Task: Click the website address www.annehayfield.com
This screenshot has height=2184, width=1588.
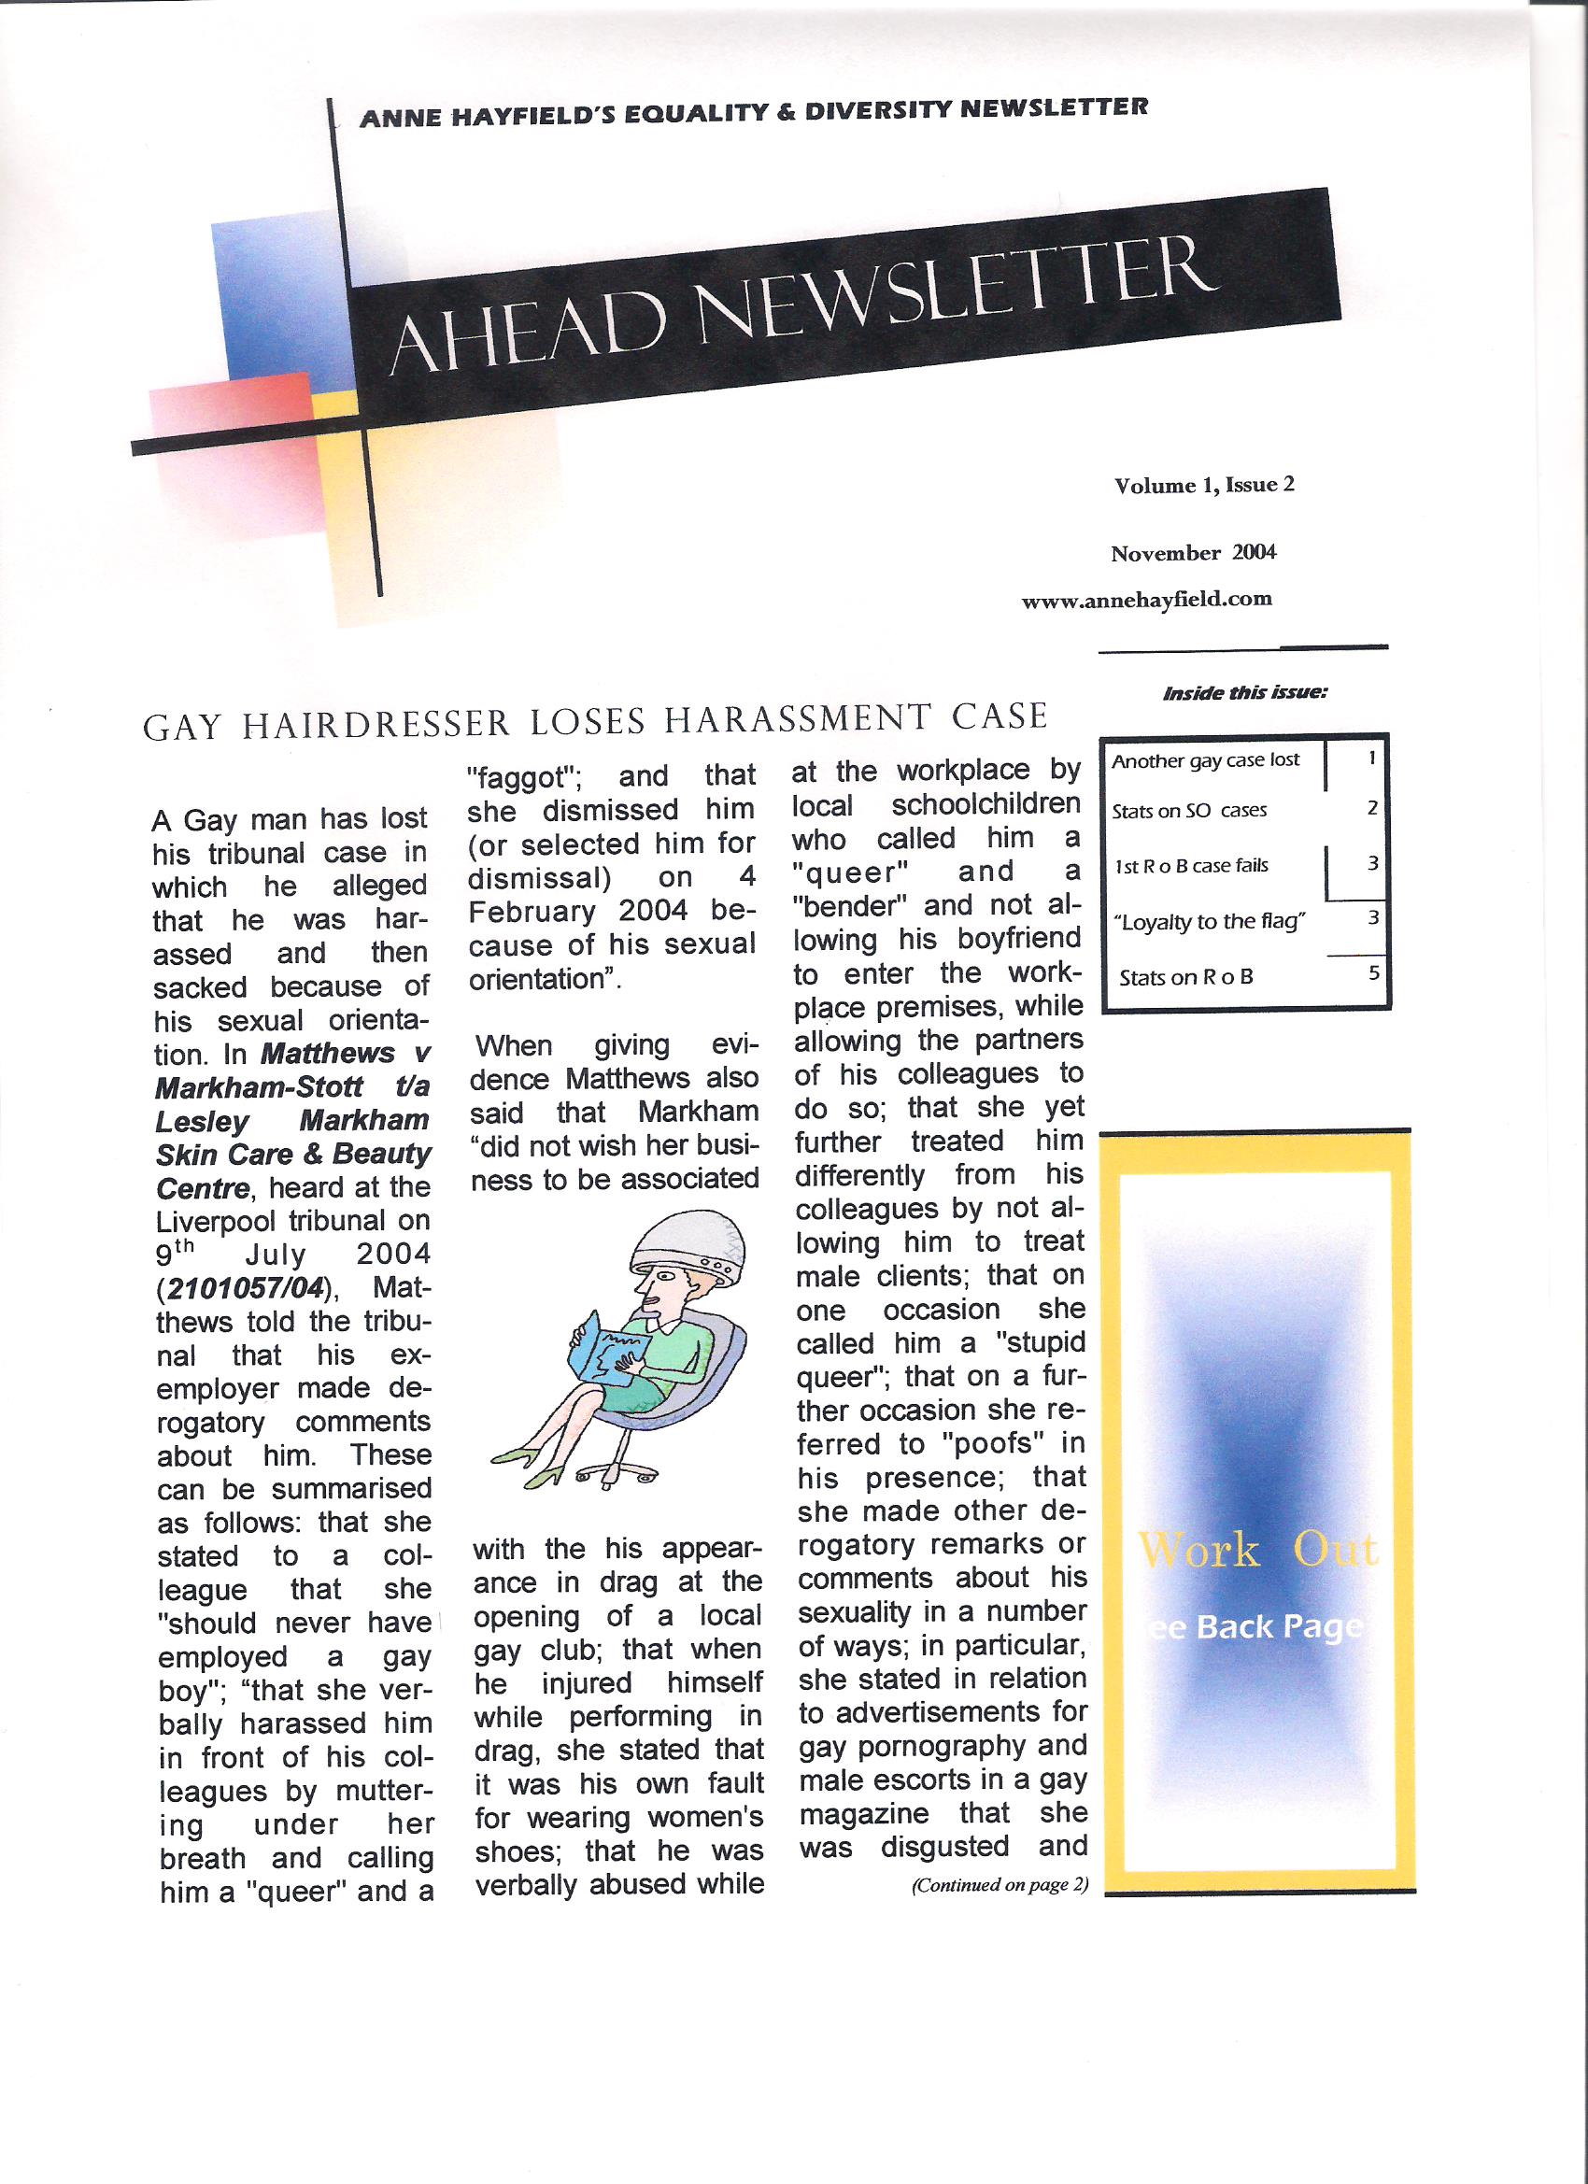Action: (1146, 599)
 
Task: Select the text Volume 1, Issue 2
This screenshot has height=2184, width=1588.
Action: (1204, 485)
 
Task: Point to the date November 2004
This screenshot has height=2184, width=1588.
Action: (1193, 553)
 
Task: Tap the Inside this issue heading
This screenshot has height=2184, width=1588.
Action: (1245, 693)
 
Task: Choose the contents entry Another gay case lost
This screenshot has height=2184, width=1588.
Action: (1205, 760)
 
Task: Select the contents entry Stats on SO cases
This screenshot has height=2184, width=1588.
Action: (1188, 811)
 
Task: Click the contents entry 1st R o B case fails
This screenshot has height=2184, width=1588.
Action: (1190, 866)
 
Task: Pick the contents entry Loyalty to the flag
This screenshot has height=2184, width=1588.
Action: (1210, 922)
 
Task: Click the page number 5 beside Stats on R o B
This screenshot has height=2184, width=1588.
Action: (1373, 972)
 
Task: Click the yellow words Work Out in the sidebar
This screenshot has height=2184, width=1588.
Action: (1256, 1552)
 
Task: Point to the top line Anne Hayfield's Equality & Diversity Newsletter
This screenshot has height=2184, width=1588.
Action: (752, 113)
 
